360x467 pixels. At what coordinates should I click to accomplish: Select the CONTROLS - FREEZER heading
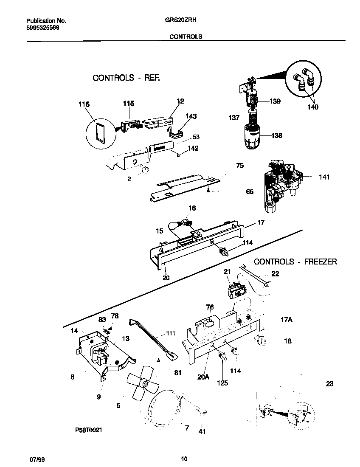(x=295, y=262)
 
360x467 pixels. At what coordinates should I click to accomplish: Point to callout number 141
(x=324, y=177)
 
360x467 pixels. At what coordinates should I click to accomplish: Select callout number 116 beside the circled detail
(x=84, y=104)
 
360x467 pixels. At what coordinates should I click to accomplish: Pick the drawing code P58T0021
(x=89, y=430)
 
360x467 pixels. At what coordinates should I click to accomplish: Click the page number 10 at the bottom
(x=184, y=459)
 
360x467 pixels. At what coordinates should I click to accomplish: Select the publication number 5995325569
(x=42, y=27)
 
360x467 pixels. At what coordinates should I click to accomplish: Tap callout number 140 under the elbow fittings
(x=312, y=107)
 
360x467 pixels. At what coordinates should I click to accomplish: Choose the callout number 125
(x=222, y=383)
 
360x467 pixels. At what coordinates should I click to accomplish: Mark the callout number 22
(x=275, y=274)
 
